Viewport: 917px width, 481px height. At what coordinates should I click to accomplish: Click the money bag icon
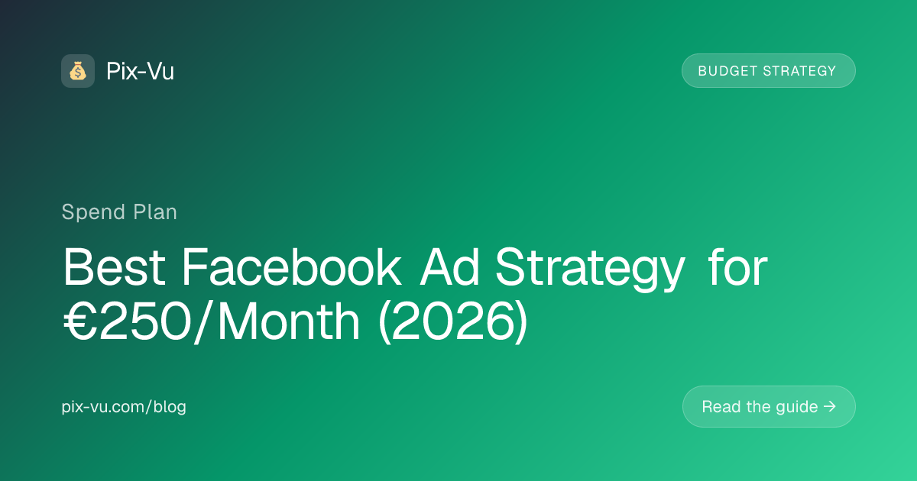(x=78, y=71)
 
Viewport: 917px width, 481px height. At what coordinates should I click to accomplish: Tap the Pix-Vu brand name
(x=140, y=71)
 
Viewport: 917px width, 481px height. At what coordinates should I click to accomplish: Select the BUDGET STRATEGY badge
(x=769, y=71)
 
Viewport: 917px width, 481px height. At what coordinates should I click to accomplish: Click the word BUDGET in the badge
(x=727, y=71)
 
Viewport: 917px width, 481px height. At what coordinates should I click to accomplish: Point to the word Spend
(x=93, y=213)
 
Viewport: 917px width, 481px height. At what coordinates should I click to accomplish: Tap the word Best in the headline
(x=114, y=267)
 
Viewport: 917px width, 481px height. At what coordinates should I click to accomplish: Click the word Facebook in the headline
(x=291, y=267)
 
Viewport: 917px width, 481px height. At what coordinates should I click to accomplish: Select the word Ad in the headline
(x=449, y=267)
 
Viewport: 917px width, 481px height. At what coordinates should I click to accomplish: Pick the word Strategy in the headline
(x=590, y=270)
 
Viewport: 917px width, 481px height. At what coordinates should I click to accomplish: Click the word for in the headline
(x=737, y=267)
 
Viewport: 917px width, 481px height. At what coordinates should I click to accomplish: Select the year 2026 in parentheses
(x=452, y=321)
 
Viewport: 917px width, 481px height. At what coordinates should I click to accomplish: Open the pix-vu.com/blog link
(x=124, y=407)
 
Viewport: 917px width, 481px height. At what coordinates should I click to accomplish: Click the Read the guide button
(x=769, y=406)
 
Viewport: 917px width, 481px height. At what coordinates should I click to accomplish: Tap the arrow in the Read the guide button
(x=829, y=406)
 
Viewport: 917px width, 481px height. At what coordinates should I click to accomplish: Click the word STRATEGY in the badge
(x=799, y=71)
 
